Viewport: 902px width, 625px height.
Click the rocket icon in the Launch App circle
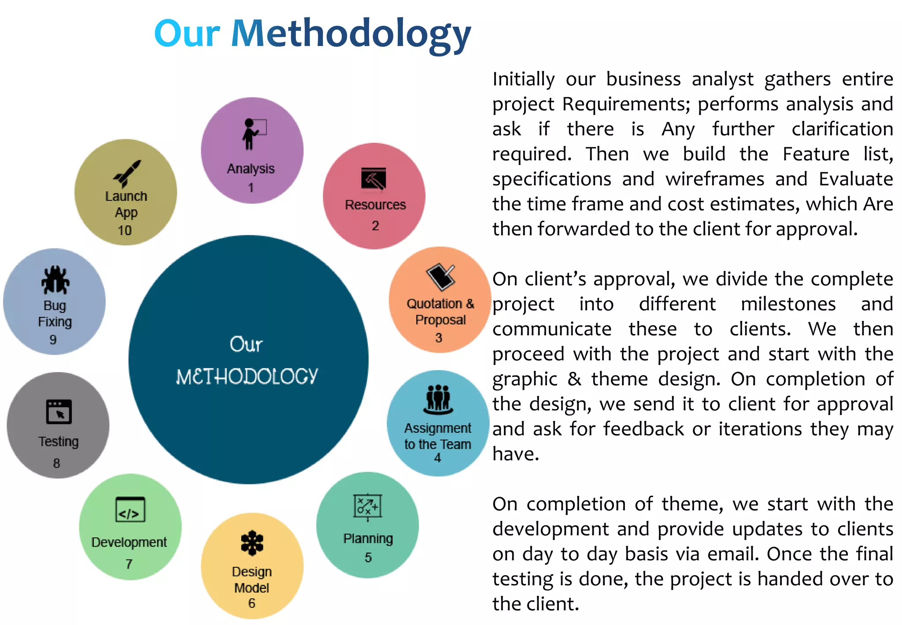tap(127, 173)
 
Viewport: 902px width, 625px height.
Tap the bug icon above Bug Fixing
tap(55, 280)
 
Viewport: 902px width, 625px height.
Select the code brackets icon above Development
tap(130, 510)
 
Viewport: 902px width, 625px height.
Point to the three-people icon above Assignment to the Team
tap(438, 399)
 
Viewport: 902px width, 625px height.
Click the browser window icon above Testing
tap(59, 412)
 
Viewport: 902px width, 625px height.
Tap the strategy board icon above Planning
tap(367, 506)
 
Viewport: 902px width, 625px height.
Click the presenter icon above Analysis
tap(254, 134)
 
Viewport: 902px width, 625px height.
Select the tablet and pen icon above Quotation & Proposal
tap(440, 277)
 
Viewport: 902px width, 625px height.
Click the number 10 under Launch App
tap(125, 231)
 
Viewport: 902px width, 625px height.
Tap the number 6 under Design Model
tap(252, 603)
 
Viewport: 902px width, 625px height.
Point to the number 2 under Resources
tap(375, 226)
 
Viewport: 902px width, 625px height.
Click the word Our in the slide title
tap(187, 33)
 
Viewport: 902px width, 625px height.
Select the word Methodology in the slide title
tap(351, 34)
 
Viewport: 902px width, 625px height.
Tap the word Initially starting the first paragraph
tap(523, 80)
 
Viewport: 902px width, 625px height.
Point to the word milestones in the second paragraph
tap(788, 304)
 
